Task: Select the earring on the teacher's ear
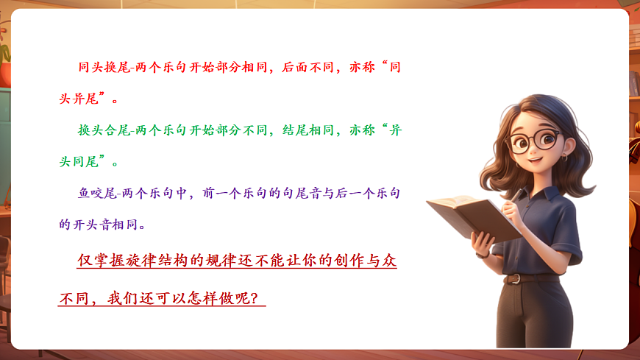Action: pos(565,158)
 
